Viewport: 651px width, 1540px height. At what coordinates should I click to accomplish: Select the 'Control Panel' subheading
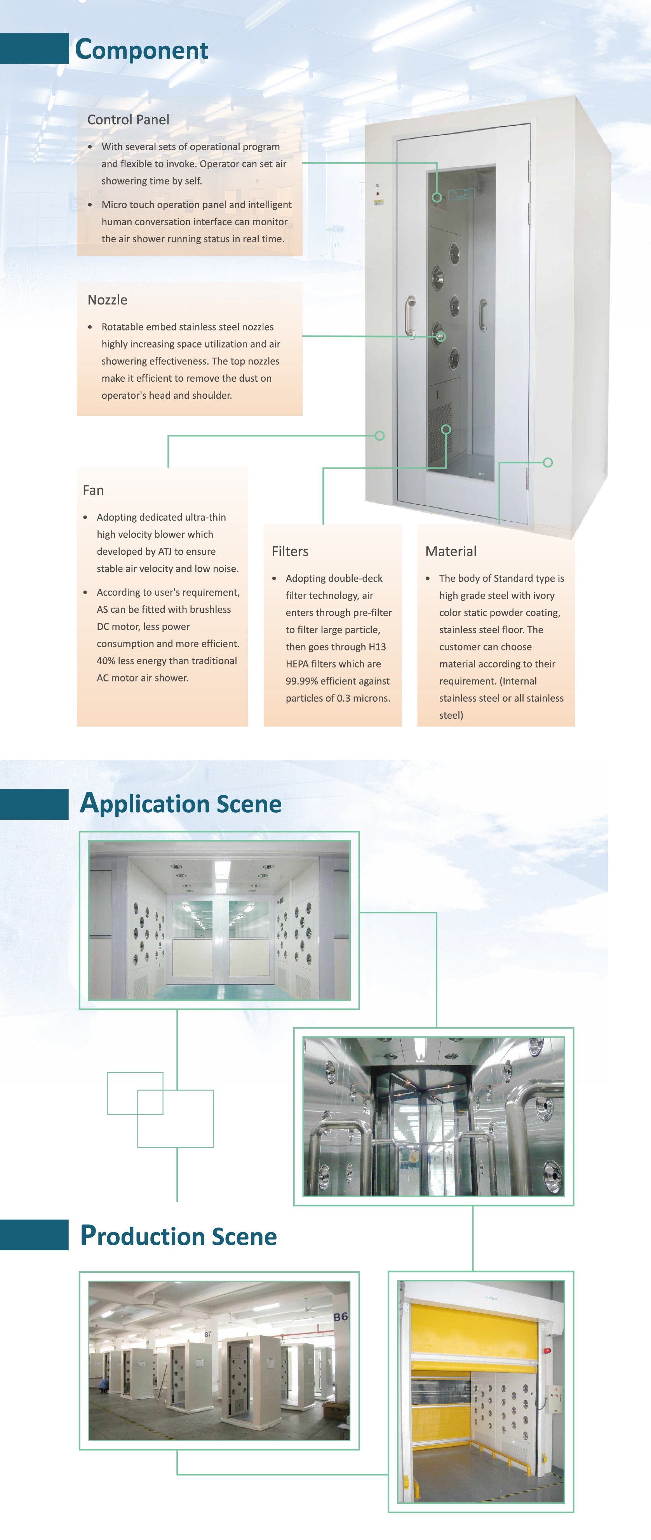click(128, 120)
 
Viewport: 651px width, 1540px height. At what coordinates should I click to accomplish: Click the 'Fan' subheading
click(93, 490)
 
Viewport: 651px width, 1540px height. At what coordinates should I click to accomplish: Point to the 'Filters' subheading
click(290, 551)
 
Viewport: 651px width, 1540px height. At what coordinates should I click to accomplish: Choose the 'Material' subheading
click(451, 551)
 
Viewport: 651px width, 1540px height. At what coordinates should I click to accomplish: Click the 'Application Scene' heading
click(181, 803)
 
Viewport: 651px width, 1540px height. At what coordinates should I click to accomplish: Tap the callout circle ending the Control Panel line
click(437, 197)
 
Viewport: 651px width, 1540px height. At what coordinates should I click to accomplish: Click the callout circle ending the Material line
click(548, 462)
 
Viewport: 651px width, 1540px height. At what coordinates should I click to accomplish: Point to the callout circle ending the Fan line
click(379, 436)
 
